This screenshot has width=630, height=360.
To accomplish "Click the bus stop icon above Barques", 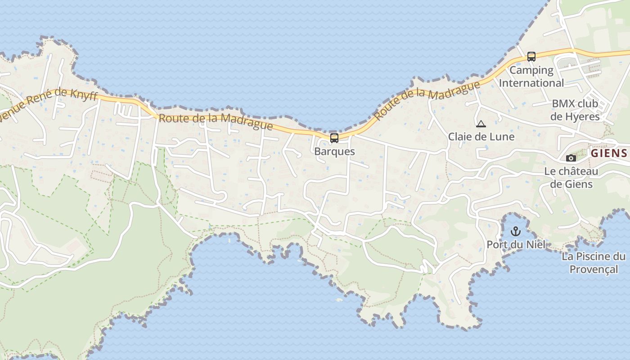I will (x=334, y=138).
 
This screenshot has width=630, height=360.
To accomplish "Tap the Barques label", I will (x=334, y=151).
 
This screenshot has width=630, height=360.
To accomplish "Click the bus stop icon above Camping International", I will (x=531, y=57).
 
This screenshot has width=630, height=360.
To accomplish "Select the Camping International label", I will (x=531, y=76).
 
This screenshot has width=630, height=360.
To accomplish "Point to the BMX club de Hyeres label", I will (x=575, y=110).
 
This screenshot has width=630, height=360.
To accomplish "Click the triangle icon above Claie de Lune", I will (x=481, y=124).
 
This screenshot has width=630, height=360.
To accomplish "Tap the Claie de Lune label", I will (x=481, y=136).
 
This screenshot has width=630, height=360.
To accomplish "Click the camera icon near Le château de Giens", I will (x=571, y=158).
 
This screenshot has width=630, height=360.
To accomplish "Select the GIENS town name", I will (x=609, y=153).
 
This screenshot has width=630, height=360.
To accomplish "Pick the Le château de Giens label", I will (x=571, y=178).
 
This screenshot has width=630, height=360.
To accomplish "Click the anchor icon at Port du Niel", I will (x=516, y=232).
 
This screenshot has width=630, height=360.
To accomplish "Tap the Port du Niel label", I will (x=516, y=244).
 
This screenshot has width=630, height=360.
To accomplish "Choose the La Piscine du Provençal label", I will (x=594, y=263).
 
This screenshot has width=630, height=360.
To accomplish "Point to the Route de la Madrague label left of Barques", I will (x=216, y=121).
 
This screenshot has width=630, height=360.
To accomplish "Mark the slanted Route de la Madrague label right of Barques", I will (x=426, y=99).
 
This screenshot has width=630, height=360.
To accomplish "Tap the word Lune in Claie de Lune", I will (x=501, y=136).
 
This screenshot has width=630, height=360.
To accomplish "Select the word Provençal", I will (x=594, y=269).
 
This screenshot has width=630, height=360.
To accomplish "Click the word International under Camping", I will (x=531, y=83).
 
